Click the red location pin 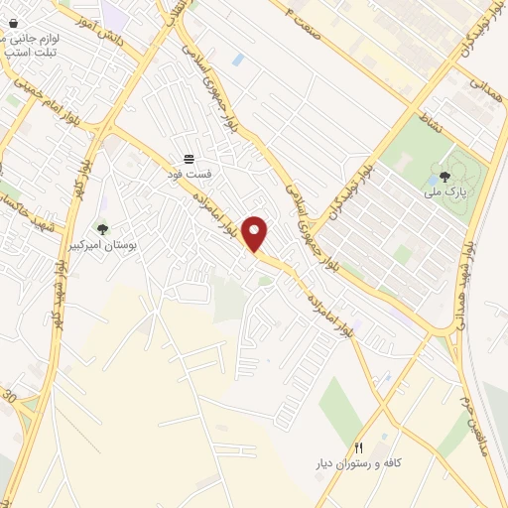click(x=256, y=232)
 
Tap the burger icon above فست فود click(x=189, y=159)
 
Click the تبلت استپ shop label click(x=30, y=52)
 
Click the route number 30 click(x=10, y=397)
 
